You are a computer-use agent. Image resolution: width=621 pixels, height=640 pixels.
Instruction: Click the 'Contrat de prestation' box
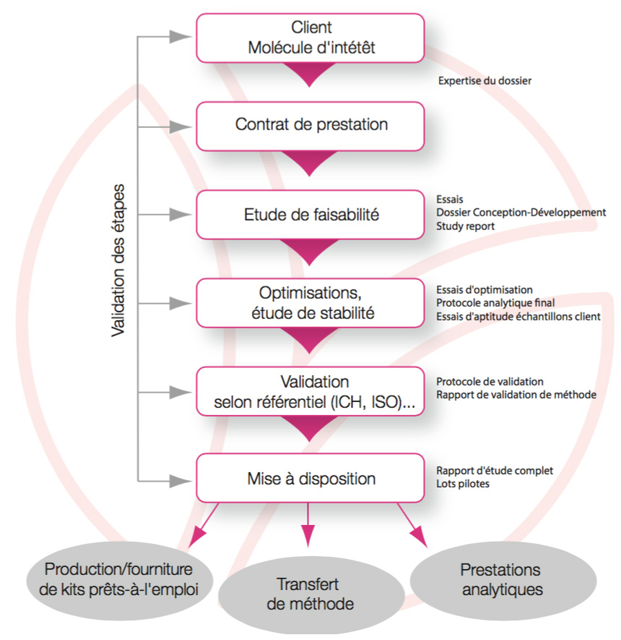point(310,126)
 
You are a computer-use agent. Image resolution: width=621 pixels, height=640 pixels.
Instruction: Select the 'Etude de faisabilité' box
point(310,215)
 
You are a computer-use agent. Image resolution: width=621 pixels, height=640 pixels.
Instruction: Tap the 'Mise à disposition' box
point(310,478)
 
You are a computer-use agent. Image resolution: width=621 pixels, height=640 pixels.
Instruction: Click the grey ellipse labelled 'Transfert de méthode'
point(311,594)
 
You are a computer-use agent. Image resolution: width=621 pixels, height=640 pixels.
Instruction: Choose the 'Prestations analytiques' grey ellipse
point(503,580)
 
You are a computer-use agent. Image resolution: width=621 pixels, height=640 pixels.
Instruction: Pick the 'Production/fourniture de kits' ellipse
point(119,580)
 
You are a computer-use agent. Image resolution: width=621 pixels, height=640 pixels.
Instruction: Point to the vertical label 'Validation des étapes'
point(118,260)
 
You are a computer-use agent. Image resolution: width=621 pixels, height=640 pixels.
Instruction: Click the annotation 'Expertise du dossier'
point(485,81)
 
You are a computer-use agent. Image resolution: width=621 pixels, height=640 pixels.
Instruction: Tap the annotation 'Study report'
point(465,226)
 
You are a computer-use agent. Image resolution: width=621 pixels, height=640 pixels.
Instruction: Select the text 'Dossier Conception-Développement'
point(521,212)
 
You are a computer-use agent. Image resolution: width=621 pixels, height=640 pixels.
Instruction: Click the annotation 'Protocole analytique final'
point(495,303)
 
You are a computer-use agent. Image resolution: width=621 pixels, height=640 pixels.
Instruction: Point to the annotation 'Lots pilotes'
point(463,484)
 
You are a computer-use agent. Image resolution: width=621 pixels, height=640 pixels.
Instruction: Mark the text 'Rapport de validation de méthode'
point(516,395)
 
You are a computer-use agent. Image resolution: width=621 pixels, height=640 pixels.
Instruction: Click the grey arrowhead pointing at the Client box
point(180,37)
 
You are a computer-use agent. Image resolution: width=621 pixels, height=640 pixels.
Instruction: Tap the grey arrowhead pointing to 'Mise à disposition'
point(180,481)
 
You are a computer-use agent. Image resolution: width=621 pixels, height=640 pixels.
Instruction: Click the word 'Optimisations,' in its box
point(310,293)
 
